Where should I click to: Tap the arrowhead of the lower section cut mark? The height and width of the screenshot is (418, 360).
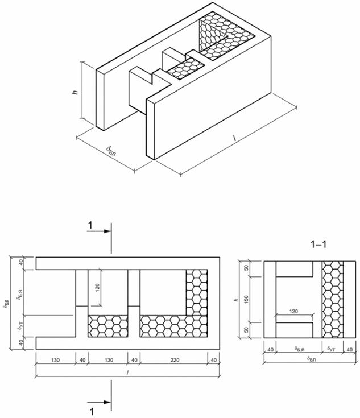(108, 402)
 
